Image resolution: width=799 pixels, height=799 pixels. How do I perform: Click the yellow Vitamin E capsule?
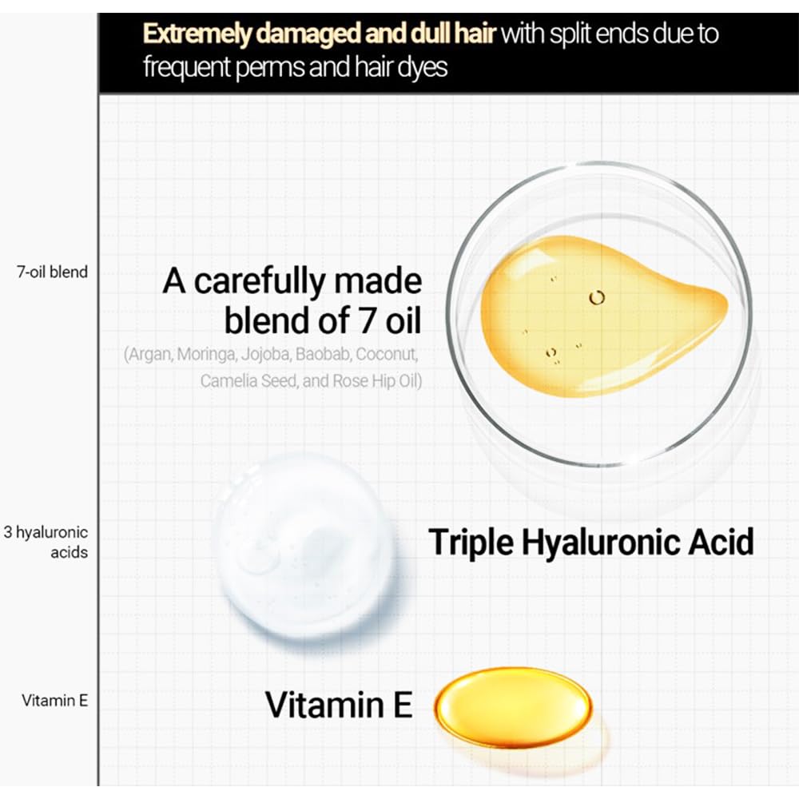tap(513, 707)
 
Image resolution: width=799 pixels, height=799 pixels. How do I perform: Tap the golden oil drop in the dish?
tap(602, 316)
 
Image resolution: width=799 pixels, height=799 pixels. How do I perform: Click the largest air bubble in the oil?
tap(597, 297)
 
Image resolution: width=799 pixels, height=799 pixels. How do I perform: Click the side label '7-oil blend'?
tap(52, 272)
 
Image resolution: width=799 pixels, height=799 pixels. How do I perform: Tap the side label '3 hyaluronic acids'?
tap(46, 543)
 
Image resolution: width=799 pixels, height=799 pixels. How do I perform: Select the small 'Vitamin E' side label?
tap(54, 701)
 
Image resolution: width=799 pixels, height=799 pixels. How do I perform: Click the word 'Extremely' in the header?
tap(197, 34)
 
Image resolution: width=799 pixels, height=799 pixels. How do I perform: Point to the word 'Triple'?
tap(471, 543)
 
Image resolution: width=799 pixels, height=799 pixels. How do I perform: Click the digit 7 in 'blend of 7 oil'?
tap(367, 321)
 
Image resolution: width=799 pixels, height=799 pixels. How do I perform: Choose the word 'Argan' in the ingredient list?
tap(149, 354)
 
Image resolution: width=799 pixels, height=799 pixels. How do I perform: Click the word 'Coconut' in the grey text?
tap(387, 354)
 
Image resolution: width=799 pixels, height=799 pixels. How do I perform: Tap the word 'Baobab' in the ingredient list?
tap(323, 354)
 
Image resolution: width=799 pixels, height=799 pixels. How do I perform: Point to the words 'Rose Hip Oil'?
tap(378, 380)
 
